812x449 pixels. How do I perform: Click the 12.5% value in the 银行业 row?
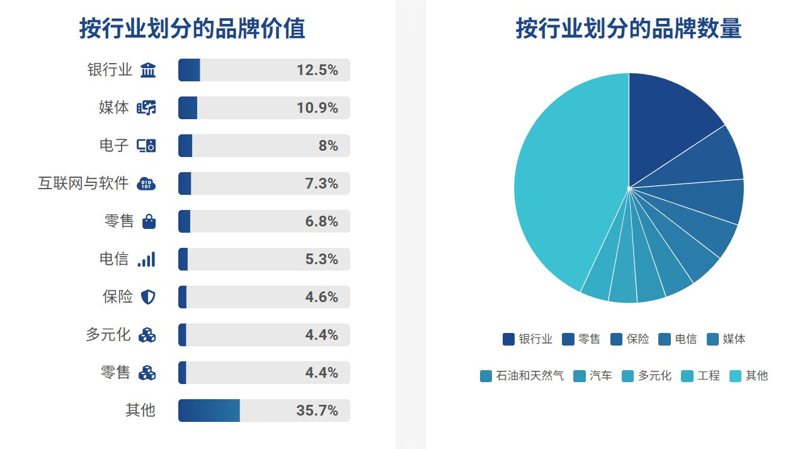click(x=317, y=70)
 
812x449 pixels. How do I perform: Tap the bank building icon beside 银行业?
click(x=148, y=70)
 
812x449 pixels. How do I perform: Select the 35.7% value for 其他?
click(x=317, y=411)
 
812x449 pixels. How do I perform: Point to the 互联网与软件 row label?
click(x=83, y=184)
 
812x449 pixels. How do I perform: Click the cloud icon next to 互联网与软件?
click(x=146, y=184)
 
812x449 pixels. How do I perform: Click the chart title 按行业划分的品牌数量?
click(x=628, y=29)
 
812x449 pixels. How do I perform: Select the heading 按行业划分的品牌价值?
click(x=192, y=29)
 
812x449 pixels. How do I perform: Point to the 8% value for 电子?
click(x=328, y=146)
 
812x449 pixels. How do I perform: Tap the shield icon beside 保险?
click(x=147, y=297)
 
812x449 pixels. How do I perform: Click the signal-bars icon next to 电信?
click(x=146, y=259)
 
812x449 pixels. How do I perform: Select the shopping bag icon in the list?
click(x=149, y=221)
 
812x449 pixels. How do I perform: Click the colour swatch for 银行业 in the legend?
click(x=508, y=339)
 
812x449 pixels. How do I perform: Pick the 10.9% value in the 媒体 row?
click(x=317, y=108)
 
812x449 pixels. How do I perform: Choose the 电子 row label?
click(x=114, y=146)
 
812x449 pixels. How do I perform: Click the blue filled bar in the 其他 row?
click(x=209, y=411)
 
